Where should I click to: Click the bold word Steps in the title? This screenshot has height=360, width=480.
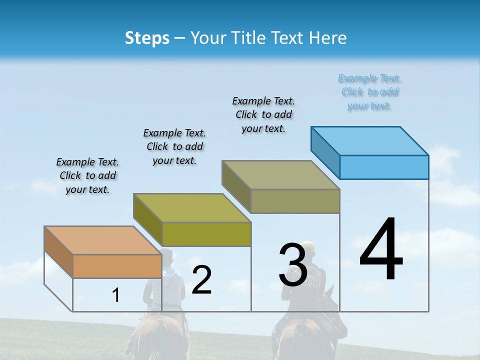[x=147, y=38]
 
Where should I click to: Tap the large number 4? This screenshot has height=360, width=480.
[x=381, y=250]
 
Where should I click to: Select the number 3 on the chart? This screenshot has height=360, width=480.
[x=293, y=265]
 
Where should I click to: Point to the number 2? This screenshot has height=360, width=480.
[x=201, y=280]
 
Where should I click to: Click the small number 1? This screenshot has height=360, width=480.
[x=116, y=295]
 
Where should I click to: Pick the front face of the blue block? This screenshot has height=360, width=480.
[x=384, y=167]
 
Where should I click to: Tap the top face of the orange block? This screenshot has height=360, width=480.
[x=103, y=240]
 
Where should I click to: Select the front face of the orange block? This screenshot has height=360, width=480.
[x=117, y=266]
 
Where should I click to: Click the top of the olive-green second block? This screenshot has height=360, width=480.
[x=192, y=207]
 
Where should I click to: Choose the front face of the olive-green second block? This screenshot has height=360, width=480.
[x=206, y=234]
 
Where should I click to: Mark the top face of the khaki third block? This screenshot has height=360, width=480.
[x=281, y=175]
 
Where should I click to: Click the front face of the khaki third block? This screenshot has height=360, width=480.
[x=295, y=201]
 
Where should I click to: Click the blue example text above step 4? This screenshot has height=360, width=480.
[x=369, y=92]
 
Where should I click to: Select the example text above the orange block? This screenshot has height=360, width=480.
[x=87, y=175]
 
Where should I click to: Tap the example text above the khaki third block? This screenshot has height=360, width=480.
[x=263, y=114]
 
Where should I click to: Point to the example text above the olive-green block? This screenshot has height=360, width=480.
[x=174, y=146]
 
